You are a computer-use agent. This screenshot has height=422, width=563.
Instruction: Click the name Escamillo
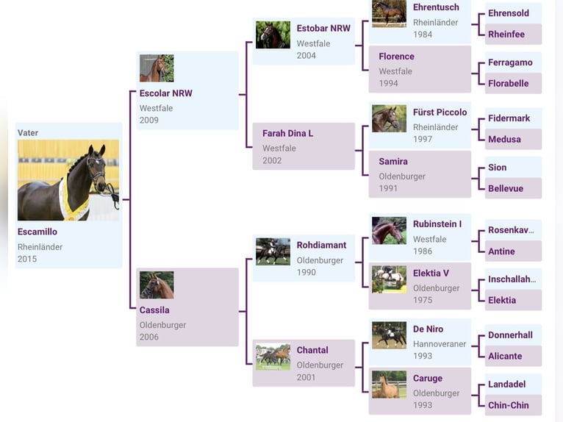pos(37,232)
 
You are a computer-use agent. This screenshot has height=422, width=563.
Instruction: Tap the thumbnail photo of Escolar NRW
pos(157,68)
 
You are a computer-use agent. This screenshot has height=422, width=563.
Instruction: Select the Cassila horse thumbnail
pos(157,285)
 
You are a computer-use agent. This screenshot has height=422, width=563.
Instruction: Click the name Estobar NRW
pos(323,29)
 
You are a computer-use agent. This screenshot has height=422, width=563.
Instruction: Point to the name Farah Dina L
pos(287,133)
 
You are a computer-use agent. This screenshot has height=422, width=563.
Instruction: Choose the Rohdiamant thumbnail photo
pos(273,251)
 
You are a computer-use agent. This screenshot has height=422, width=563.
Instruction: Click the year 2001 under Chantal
pos(306,377)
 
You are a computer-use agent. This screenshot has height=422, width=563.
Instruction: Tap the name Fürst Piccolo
pos(440,112)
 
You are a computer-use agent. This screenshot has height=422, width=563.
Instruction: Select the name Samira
pos(393,162)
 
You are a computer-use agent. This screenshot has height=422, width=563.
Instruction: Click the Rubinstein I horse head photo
pos(390,231)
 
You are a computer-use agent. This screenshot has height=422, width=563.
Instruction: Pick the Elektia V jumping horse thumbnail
pos(390,279)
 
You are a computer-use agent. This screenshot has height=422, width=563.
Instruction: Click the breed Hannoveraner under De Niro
pos(440,344)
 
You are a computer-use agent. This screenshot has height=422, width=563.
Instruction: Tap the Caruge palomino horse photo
pos(390,385)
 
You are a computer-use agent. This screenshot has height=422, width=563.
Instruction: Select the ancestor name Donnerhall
pos(510,335)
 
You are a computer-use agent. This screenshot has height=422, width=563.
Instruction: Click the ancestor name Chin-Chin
pos(509,405)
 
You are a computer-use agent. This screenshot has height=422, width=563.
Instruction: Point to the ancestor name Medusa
pos(504,139)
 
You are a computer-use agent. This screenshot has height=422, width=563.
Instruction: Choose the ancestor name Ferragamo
pos(510,62)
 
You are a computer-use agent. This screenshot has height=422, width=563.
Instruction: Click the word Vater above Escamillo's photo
pos(28,133)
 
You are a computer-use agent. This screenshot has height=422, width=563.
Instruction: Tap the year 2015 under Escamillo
pos(27,259)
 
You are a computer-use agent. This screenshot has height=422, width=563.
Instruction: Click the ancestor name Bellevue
pos(506,188)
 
